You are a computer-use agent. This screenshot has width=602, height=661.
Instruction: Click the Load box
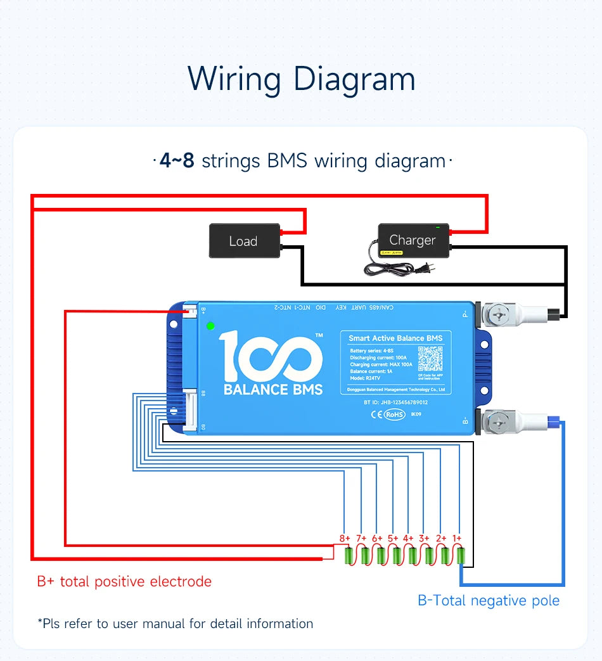point(245,241)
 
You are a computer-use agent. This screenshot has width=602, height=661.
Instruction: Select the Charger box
point(413,240)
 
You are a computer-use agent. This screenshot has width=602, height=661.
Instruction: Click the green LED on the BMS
point(210,326)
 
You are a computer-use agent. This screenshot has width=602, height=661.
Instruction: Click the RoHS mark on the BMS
point(394,414)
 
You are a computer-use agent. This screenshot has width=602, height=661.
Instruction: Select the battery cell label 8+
point(344,538)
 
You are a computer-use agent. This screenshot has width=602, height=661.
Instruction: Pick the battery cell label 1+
point(457,538)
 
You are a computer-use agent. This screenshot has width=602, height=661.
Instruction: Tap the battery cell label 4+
point(408,538)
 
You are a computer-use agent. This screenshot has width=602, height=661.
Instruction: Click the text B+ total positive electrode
point(124,581)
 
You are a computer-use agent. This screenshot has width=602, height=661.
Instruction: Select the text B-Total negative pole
point(489,600)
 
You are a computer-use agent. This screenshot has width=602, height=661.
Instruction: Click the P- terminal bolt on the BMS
point(497,312)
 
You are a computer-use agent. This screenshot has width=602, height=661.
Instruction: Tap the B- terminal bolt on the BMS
point(497,421)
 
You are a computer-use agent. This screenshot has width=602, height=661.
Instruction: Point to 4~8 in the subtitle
point(177,161)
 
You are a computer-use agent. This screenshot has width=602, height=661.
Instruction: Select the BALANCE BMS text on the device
point(273,389)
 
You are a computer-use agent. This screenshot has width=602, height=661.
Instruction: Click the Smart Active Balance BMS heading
point(395,338)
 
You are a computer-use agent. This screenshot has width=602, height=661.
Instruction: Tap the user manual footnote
point(175,624)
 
